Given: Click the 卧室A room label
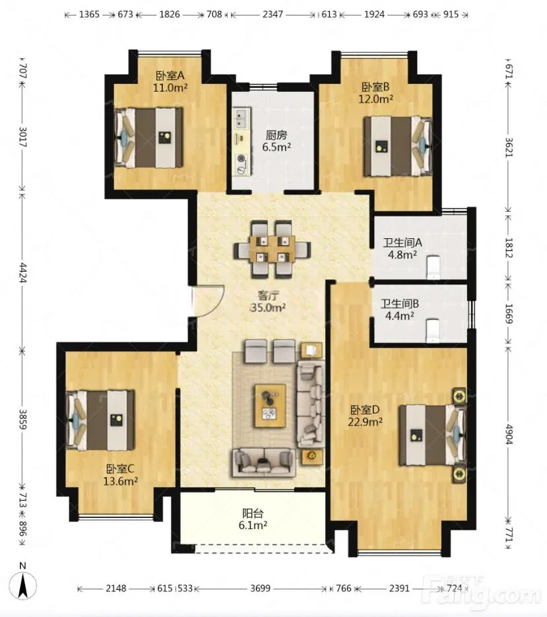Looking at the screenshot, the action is [170, 75].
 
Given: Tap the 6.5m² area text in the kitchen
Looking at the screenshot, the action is [276, 148].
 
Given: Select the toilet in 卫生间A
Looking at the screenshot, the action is [433, 267].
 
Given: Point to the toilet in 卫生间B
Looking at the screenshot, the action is [432, 331].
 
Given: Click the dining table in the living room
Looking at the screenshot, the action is [273, 249].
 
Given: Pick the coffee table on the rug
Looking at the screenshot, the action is [271, 406].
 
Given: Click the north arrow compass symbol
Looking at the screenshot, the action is [23, 585].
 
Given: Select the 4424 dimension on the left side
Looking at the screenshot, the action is [22, 272].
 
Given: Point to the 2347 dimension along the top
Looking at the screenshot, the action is [273, 15].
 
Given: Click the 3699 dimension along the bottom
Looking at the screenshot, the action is [261, 588].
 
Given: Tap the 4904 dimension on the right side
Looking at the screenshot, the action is [509, 434].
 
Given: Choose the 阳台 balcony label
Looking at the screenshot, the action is [253, 513].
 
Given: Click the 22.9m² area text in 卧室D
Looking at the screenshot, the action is [365, 422].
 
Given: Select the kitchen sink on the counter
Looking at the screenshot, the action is [240, 118].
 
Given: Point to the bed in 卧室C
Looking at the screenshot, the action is [101, 420].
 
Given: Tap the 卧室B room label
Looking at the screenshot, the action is [375, 86].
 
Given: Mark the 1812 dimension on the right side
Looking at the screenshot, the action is [509, 248].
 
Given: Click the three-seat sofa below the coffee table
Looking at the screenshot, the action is [264, 462].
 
